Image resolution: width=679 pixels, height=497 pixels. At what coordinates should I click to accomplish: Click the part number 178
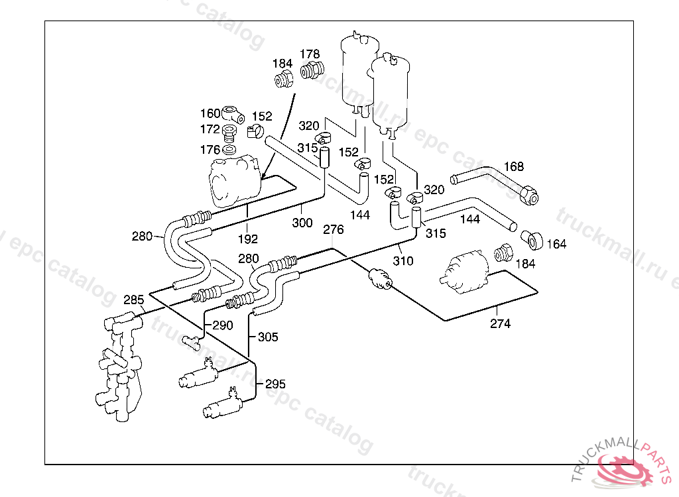pos(310,54)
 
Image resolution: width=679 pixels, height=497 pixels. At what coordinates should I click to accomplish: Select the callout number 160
pos(210,113)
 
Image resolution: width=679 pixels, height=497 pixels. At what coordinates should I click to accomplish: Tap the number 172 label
pos(210,129)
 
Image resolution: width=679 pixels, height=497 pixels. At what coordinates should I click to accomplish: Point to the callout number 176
pos(210,150)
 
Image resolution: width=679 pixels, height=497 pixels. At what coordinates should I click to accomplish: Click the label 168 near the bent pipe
pos(514,166)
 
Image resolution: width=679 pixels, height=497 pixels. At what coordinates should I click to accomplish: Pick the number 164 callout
pos(556,244)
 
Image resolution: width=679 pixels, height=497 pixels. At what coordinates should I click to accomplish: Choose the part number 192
pos(248,239)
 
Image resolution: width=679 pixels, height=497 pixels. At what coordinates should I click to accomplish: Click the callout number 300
pos(302,223)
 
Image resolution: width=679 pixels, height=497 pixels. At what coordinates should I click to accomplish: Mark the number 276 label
pos(334,229)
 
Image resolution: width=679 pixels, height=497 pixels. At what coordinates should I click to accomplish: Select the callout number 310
pos(403,260)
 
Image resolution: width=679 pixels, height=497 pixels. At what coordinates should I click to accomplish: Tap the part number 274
pos(500,323)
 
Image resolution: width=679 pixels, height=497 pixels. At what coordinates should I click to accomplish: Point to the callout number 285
pos(134,300)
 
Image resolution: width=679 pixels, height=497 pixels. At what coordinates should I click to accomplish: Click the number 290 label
pos(223,325)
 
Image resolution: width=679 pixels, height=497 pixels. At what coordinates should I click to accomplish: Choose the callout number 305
pos(268,337)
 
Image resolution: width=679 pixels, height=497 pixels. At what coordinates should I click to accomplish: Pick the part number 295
pos(275,384)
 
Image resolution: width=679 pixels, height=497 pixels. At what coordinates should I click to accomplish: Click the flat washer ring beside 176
pos(229,150)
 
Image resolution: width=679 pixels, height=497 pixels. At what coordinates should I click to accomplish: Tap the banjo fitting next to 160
pos(233,114)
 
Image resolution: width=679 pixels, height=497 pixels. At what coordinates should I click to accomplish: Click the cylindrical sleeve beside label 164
pos(532,240)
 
